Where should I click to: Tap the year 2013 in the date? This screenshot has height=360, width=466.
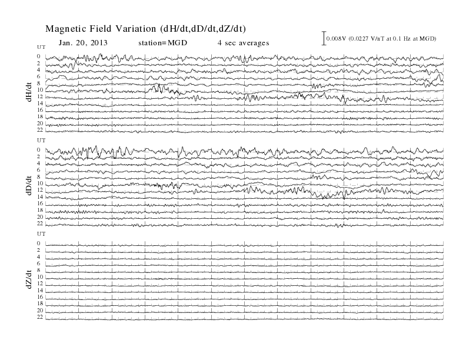coord(99,43)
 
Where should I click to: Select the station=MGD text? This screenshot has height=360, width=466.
coord(163,43)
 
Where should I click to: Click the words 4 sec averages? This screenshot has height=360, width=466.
coord(244,43)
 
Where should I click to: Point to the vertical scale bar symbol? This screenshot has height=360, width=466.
coord(324,38)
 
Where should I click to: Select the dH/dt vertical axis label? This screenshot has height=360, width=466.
coord(29,92)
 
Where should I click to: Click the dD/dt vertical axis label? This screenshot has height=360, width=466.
coord(29,185)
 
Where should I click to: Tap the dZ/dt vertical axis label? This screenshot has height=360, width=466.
coord(29,279)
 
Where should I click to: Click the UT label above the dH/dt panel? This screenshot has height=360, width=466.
coord(41,47)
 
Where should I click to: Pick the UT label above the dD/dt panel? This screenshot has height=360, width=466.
coord(41,140)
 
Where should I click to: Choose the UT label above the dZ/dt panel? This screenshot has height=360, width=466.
coord(41,234)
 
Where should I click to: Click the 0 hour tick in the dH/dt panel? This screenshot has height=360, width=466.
coord(39,56)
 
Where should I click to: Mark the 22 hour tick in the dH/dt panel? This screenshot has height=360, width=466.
coord(40,130)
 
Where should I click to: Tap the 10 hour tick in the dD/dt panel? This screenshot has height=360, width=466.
coord(40,184)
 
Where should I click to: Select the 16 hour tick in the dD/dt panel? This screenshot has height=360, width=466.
coord(40,204)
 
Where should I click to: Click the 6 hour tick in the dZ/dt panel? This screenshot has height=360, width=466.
coord(39,264)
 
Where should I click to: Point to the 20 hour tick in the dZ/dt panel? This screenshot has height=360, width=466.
coord(40,311)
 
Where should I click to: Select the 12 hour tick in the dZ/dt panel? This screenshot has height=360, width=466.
coord(40,284)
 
